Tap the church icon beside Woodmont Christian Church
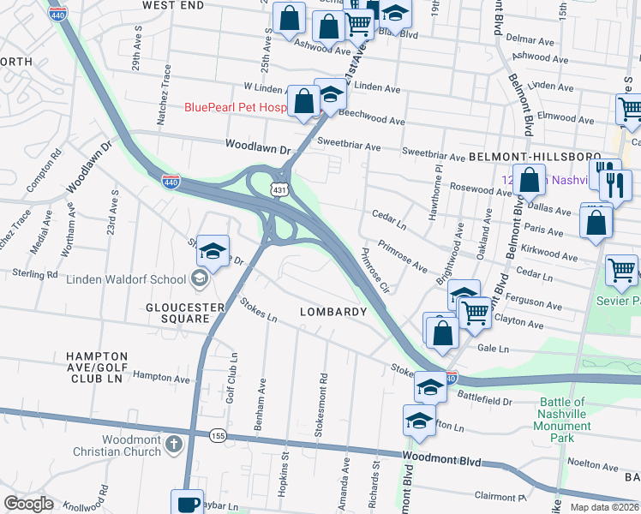174,445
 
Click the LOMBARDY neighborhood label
333,312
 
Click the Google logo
28,504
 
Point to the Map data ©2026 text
604,507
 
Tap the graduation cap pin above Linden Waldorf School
213,251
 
